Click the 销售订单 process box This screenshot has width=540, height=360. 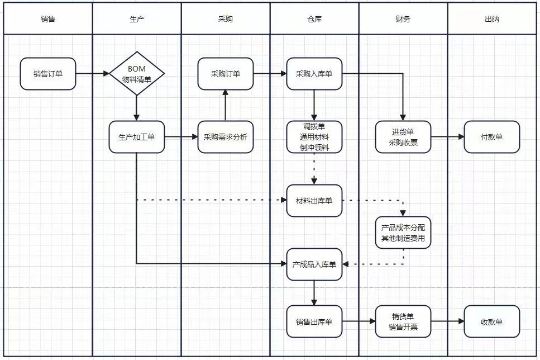point(48,74)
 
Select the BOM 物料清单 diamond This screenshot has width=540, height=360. point(137,73)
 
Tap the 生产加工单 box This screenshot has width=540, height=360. point(137,137)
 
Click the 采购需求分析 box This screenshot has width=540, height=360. point(226,137)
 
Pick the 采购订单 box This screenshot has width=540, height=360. point(226,74)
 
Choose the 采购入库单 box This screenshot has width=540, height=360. point(314,74)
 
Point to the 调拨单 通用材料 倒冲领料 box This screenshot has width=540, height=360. point(314,137)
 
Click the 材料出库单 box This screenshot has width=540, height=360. point(314,201)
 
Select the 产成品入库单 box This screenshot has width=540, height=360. point(314,264)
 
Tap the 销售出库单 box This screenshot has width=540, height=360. point(314,321)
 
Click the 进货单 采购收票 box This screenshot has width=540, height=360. point(403,137)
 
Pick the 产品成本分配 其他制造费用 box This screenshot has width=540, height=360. point(403,233)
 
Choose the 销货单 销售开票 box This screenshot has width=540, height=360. point(403,321)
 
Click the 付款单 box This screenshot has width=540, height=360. point(492,137)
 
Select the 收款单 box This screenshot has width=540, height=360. point(492,321)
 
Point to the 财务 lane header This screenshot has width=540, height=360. point(403,18)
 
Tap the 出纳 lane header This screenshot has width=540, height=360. point(492,18)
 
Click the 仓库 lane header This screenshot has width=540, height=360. point(314,18)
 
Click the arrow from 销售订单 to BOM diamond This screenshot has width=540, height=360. point(92,73)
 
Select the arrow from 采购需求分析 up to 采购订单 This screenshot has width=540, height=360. point(226,105)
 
